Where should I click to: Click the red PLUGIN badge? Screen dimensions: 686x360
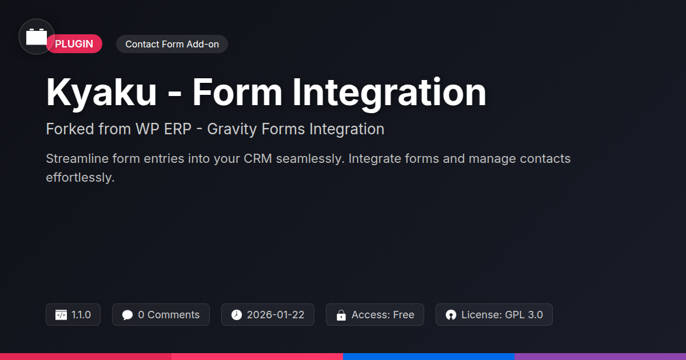[74, 44]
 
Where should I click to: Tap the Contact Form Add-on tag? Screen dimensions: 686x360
[172, 44]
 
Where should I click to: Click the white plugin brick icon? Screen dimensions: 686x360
[37, 37]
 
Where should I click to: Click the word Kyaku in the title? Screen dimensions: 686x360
[101, 92]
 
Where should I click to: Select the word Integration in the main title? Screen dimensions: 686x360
[389, 93]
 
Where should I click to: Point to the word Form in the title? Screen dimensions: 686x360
[237, 92]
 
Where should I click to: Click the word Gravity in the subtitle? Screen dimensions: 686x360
[232, 129]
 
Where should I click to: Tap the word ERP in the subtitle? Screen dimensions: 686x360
[178, 129]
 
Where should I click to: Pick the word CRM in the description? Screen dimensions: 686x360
[258, 159]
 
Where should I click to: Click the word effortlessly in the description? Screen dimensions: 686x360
[80, 178]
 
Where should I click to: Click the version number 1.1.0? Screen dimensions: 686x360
[81, 315]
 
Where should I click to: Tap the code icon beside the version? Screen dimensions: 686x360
[61, 315]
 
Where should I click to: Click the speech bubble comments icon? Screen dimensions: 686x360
[127, 315]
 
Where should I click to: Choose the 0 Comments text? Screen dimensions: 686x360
[169, 315]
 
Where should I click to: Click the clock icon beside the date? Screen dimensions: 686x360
[237, 315]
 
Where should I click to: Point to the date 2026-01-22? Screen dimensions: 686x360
[276, 315]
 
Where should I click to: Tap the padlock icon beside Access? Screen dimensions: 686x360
[341, 315]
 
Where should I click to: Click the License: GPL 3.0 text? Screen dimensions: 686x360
[502, 315]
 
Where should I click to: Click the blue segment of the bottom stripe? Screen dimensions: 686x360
[429, 357]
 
